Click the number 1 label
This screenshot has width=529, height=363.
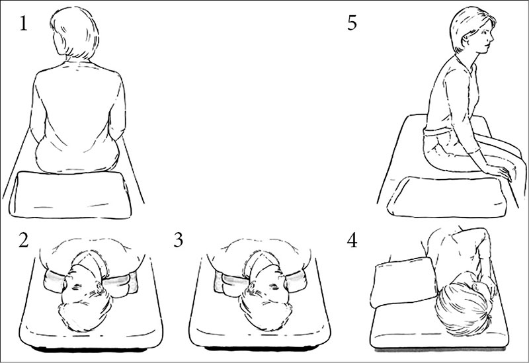(23, 24)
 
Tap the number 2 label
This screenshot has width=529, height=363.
(23, 240)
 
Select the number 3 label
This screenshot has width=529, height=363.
(179, 240)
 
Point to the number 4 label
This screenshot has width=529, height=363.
(352, 241)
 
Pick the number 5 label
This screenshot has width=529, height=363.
(352, 23)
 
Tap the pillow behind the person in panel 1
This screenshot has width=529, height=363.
(70, 195)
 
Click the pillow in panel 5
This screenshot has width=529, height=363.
(447, 196)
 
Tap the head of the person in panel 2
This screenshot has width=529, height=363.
(86, 298)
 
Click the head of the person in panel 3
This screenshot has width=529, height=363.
(265, 298)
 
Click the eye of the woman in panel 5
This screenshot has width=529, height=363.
(485, 32)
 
